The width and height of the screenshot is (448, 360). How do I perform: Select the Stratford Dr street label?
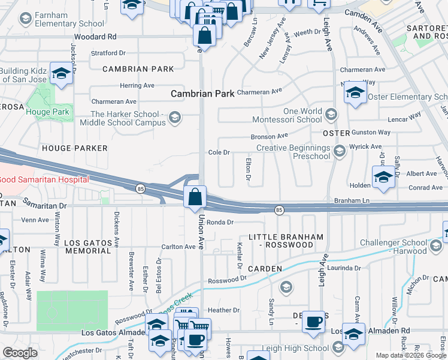(109, 53)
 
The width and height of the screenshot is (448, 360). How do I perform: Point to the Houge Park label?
(47, 112)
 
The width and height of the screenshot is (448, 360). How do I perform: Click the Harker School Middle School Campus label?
(127, 118)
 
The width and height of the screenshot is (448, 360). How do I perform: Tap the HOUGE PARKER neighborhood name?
(75, 148)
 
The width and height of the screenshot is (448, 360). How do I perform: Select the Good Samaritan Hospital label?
(44, 179)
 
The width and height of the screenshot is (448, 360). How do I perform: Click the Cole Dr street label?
(219, 152)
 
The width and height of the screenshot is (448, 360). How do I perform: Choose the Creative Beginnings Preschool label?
(293, 152)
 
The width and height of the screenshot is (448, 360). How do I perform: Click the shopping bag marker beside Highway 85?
(195, 197)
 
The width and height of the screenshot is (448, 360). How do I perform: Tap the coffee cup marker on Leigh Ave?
(313, 322)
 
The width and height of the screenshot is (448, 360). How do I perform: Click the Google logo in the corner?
(20, 353)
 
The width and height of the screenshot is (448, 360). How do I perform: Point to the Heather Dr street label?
(223, 310)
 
